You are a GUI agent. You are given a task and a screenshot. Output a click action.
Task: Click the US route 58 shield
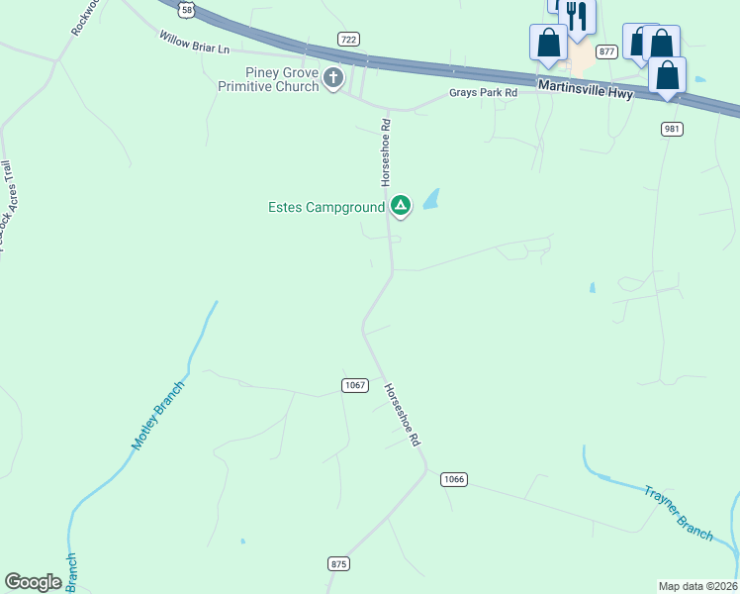tap(186, 10)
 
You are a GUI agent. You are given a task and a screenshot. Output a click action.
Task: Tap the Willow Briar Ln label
tap(194, 42)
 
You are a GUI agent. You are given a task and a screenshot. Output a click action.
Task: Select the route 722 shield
tap(347, 40)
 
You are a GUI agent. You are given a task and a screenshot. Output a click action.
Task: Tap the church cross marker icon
tap(333, 78)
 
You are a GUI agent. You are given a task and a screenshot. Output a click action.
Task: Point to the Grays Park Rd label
tap(484, 93)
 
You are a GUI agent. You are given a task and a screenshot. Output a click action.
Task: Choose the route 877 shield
tap(607, 51)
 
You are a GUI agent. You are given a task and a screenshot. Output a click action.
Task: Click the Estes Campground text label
tap(325, 208)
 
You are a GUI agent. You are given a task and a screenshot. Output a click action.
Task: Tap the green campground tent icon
tap(400, 206)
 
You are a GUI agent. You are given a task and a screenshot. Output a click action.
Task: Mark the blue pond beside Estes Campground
tap(431, 200)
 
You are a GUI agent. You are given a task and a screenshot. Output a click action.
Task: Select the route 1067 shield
tap(355, 385)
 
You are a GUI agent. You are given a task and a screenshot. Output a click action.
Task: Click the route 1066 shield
tap(453, 479)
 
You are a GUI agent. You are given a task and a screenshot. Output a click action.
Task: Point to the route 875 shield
tap(339, 563)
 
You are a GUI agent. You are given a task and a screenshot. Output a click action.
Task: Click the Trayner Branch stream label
tap(679, 512)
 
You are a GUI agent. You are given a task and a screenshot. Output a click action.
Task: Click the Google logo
tap(34, 582)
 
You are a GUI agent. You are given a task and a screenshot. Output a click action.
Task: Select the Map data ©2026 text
tap(697, 585)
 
